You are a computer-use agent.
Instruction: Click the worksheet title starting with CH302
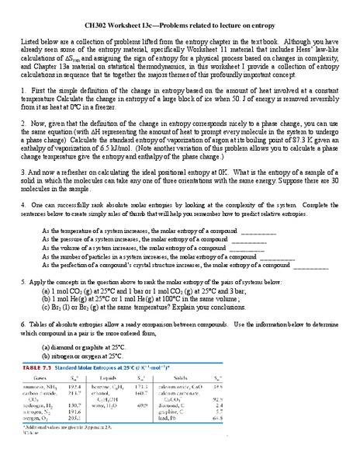pyautogui.click(x=180, y=26)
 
